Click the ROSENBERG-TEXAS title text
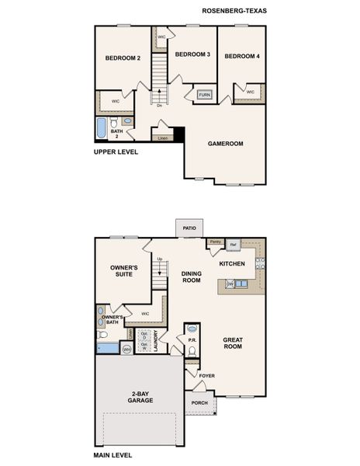[x=233, y=11]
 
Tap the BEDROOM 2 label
[x=123, y=58]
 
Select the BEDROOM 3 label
[x=192, y=54]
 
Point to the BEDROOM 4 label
[x=243, y=56]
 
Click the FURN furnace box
[x=204, y=95]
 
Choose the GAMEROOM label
[x=225, y=144]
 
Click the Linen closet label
[x=162, y=138]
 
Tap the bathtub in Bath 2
[x=102, y=127]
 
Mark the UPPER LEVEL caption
[x=116, y=152]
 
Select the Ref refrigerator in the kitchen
[x=232, y=245]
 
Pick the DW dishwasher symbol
[x=230, y=284]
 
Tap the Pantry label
[x=215, y=242]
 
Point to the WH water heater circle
[x=126, y=349]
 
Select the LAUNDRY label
[x=156, y=340]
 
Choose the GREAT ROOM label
[x=233, y=343]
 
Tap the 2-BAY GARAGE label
[x=140, y=397]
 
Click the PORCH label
[x=199, y=402]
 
